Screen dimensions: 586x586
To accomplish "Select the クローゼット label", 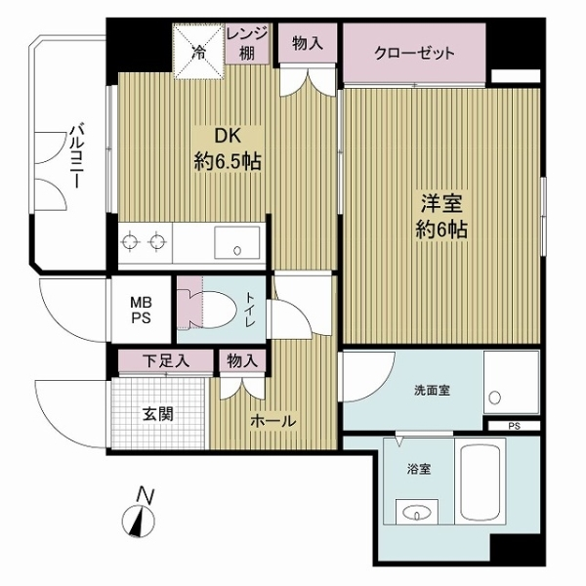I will [x=414, y=54].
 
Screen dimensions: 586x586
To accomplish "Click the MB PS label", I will [x=143, y=311].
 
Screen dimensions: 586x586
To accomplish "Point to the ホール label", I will [x=274, y=420].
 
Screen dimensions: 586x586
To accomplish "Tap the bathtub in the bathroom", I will [x=481, y=483].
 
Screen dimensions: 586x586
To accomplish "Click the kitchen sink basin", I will [x=234, y=242].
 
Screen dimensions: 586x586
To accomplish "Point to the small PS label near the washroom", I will [x=514, y=426].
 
